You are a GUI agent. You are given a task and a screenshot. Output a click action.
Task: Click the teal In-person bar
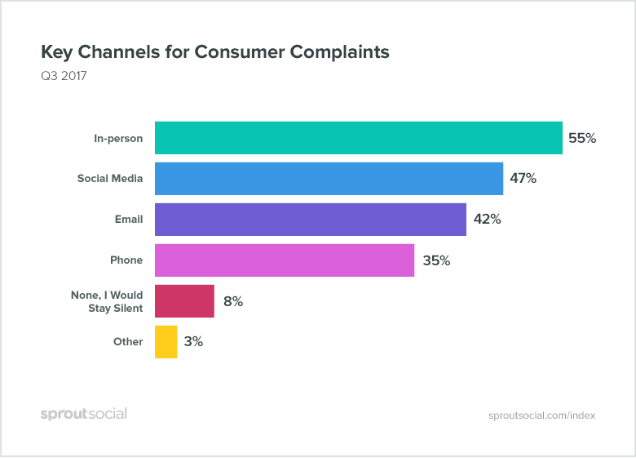[x=358, y=138]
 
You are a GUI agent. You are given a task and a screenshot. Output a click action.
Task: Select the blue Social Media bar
[x=329, y=179]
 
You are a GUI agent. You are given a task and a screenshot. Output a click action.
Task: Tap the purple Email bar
[x=310, y=220]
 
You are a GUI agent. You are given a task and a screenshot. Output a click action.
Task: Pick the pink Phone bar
[x=284, y=260]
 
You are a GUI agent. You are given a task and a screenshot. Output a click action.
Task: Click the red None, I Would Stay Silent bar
[x=184, y=301]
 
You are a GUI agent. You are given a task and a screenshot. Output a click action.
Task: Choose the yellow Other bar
[x=166, y=342]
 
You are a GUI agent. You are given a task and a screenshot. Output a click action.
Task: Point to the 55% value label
[x=582, y=138]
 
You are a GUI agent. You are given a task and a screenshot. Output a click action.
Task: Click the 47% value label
[x=523, y=179]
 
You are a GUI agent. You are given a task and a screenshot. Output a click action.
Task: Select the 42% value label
[x=487, y=220]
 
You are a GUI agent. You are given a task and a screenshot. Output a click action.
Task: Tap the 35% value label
[x=436, y=260]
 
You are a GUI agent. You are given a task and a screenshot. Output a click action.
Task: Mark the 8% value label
[x=233, y=301]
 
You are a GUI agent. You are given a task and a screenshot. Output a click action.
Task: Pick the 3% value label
[x=193, y=342]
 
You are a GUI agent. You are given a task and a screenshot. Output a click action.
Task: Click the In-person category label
[x=117, y=138]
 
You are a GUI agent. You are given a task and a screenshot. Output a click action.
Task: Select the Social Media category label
[x=110, y=179]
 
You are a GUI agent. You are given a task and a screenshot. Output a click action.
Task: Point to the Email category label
[x=129, y=220]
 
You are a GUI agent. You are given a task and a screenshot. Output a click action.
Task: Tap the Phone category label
[x=126, y=260]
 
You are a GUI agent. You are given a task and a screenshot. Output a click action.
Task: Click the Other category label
[x=128, y=342]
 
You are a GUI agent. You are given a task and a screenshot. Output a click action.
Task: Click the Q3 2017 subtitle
[x=64, y=77]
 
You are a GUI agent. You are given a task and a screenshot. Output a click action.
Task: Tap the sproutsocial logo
[x=84, y=414]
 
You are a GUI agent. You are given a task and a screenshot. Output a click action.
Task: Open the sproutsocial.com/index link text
[x=541, y=415]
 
